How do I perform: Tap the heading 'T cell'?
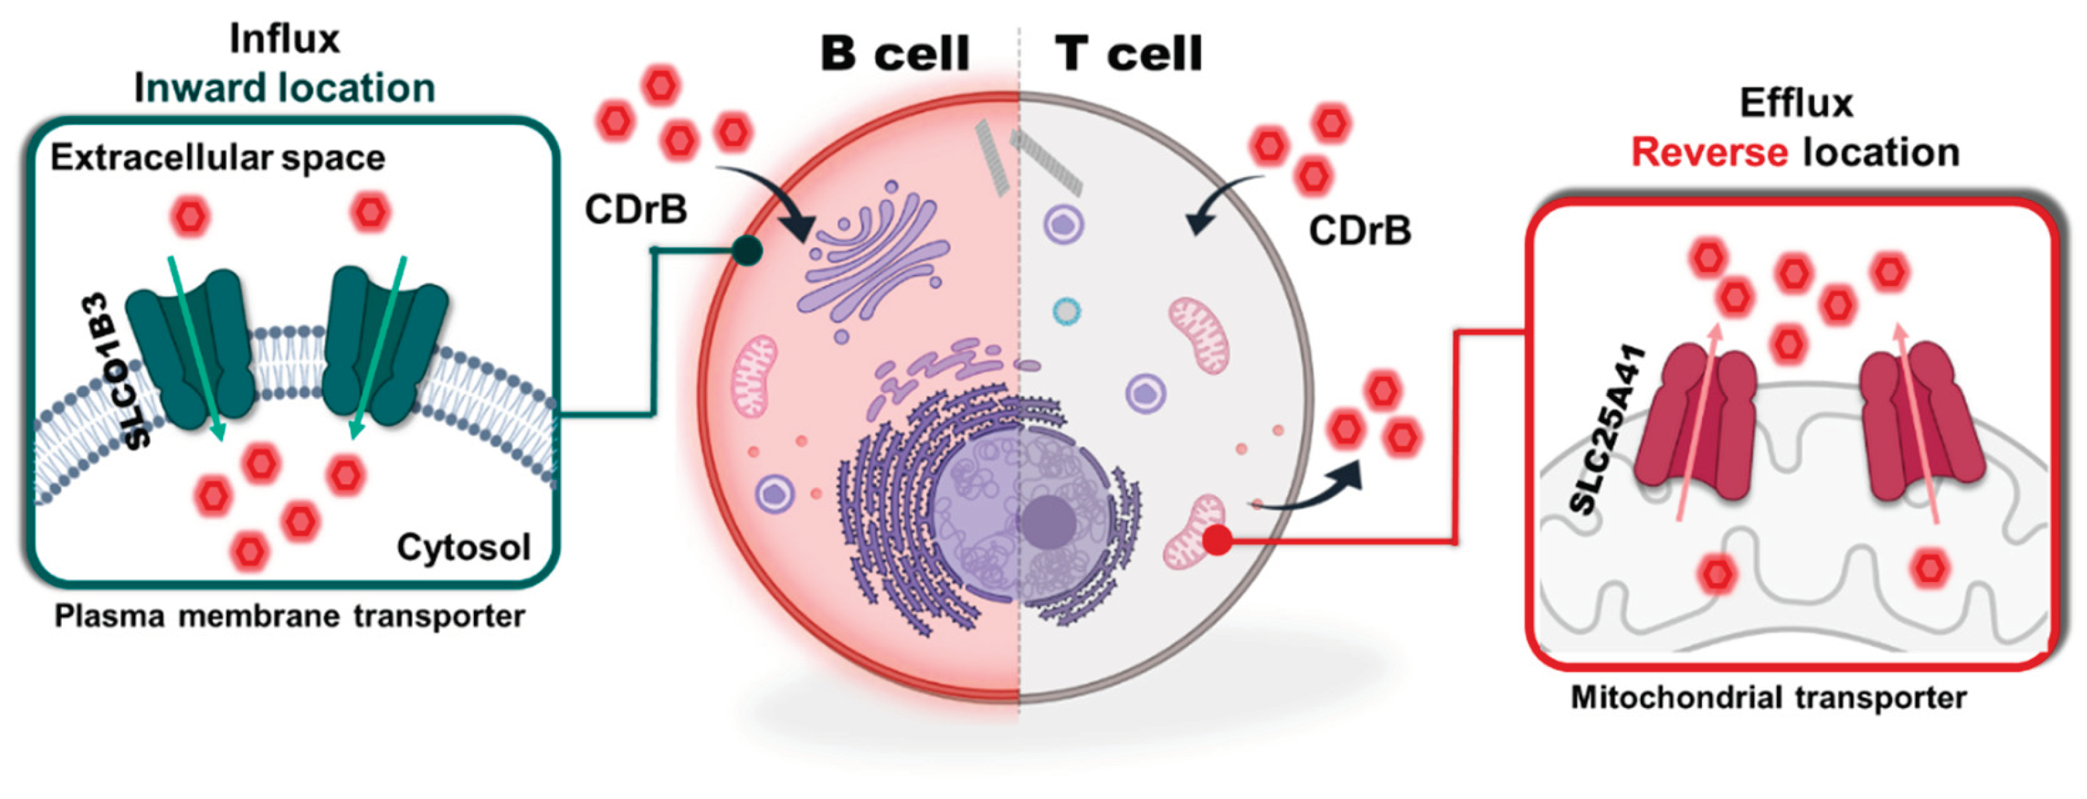click(x=1128, y=54)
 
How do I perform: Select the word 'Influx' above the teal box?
click(x=284, y=39)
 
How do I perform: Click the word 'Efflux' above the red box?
click(x=1796, y=103)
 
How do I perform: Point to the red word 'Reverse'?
click(x=1709, y=153)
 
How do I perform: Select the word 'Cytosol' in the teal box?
click(x=463, y=547)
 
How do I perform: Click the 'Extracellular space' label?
click(x=217, y=157)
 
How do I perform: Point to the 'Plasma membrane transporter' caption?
click(x=289, y=616)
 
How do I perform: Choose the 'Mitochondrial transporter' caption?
click(x=1768, y=697)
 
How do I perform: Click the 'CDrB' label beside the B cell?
click(x=636, y=210)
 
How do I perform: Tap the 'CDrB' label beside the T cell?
click(x=1359, y=231)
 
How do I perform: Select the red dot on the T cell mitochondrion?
click(x=1217, y=540)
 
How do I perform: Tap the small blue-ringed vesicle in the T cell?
click(x=1067, y=311)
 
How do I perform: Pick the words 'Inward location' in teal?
click(x=284, y=88)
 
